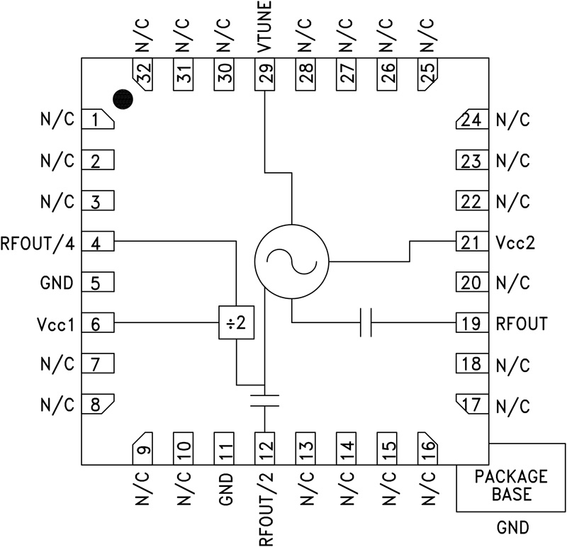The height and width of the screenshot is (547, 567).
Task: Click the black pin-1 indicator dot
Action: pos(123,100)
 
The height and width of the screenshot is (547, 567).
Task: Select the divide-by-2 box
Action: pos(235,323)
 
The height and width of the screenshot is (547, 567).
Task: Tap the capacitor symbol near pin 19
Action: pos(366,323)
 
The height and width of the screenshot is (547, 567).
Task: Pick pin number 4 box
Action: pos(98,242)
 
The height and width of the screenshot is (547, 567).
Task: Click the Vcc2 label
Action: pos(515,242)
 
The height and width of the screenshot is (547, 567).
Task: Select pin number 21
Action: pos(470,242)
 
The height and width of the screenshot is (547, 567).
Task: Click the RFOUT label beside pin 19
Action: pos(522,324)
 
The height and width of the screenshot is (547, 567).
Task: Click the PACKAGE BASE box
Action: pos(510,485)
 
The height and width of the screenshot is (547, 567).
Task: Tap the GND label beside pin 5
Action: pos(57,283)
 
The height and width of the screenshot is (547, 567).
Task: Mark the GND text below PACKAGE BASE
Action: pos(510,529)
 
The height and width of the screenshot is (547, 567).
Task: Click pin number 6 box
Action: pos(98,324)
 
